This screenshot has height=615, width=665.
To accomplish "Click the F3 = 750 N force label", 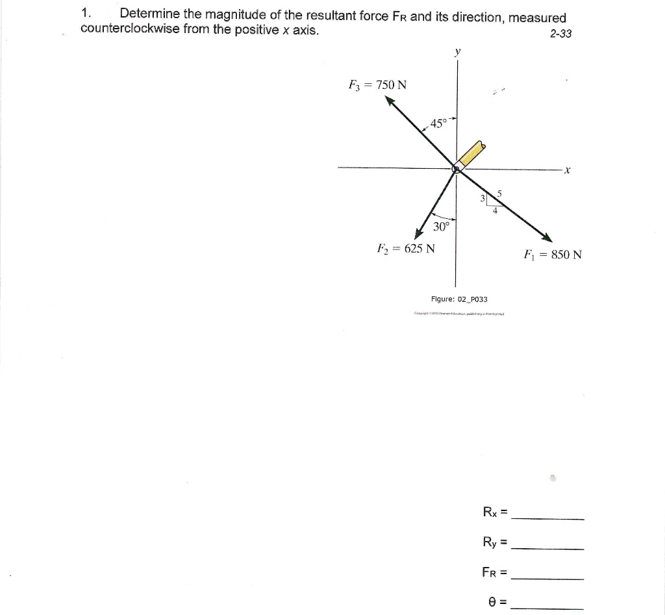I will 378,84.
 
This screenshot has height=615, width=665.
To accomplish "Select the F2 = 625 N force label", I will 407,248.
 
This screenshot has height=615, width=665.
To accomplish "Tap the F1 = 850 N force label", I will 552,254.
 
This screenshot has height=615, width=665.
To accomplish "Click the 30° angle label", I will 441,227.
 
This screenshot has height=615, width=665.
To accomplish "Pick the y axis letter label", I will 457,51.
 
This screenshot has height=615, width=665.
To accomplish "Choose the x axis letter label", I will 567,171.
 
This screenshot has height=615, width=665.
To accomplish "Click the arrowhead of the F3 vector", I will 390,101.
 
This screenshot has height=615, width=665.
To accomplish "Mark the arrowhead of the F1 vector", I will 547,238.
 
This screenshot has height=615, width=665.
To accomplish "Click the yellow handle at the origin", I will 471,153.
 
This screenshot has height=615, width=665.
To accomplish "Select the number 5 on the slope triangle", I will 499,193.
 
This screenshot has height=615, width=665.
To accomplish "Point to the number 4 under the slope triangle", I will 495,210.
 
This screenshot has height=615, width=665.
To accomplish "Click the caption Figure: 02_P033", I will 459,299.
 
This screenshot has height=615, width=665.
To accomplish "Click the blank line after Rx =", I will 548,518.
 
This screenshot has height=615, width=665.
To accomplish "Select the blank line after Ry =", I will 548,549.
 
